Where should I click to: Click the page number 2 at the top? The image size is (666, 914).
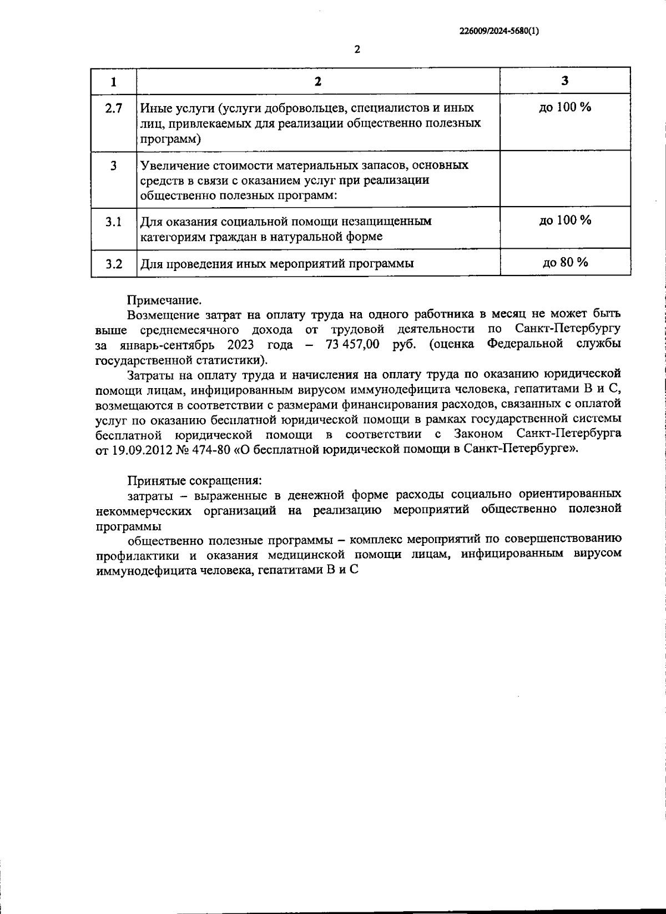[357, 49]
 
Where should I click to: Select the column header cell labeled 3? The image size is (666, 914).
[564, 81]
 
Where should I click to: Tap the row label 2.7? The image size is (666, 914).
[113, 109]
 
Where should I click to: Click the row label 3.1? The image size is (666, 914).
[113, 222]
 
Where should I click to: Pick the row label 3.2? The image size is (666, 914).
[113, 264]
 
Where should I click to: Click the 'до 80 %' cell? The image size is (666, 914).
[565, 262]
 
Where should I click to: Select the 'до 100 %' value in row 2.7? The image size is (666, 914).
[565, 108]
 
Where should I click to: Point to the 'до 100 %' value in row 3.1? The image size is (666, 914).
[565, 220]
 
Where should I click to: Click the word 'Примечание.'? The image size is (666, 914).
[164, 300]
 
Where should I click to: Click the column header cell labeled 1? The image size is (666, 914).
[113, 82]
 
